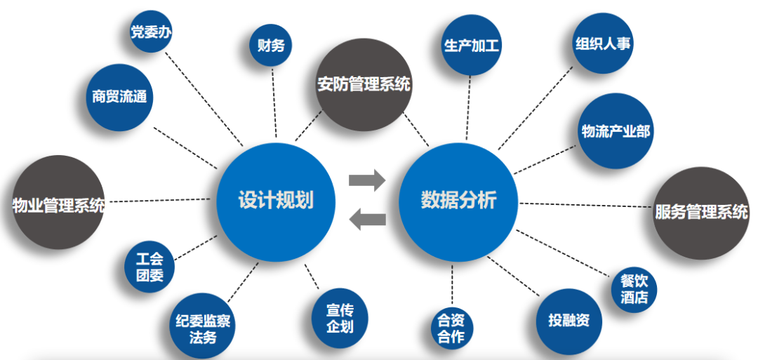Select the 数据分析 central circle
458,201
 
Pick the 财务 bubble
270,46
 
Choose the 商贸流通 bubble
119,96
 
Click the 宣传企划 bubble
340,318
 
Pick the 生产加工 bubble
471,46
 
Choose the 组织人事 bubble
603,44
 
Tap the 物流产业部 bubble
616,131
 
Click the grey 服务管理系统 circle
701,211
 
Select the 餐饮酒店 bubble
634,290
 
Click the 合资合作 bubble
451,328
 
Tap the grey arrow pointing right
367,180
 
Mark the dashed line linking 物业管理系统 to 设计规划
158,201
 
